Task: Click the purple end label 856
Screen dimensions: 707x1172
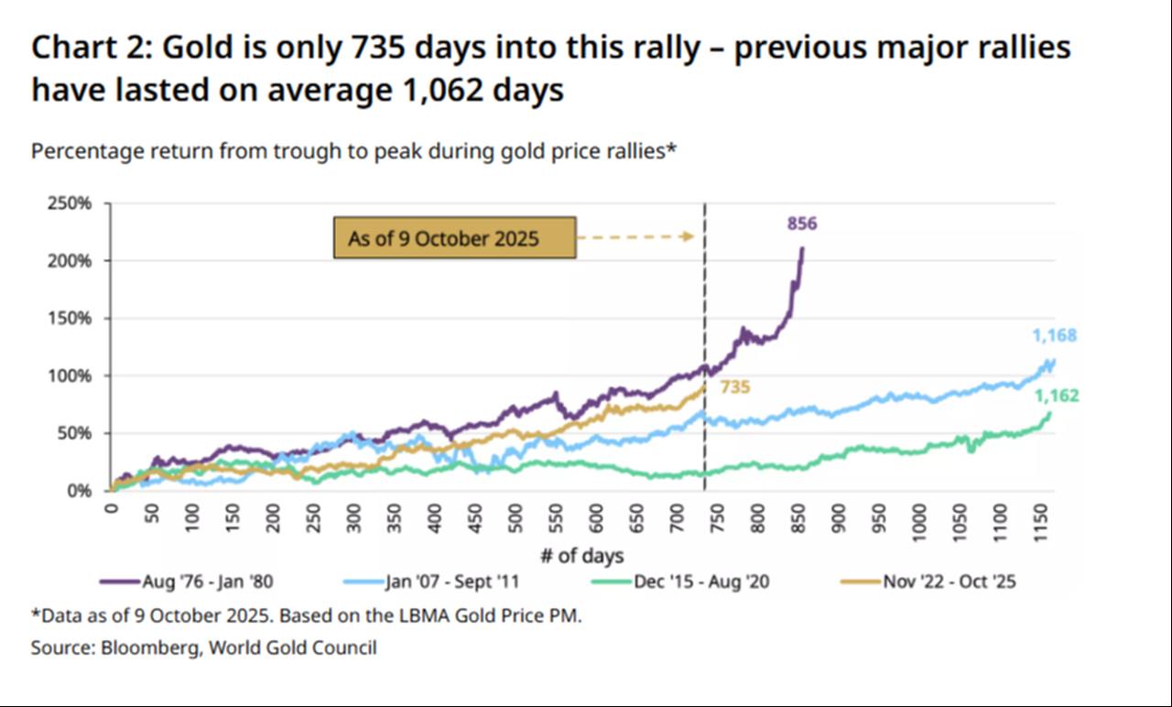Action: tap(801, 223)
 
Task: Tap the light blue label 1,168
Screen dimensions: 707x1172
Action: tap(1055, 336)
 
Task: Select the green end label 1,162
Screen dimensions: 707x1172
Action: tap(1057, 397)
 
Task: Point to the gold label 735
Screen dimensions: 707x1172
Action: tap(735, 387)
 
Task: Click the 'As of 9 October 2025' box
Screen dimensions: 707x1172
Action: tap(454, 238)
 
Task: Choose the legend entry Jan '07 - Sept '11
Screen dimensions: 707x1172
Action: tap(445, 582)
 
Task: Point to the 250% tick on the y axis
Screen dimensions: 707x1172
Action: tap(70, 203)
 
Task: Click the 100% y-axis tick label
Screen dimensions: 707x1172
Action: tap(70, 375)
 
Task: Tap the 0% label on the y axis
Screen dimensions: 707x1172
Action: tap(79, 491)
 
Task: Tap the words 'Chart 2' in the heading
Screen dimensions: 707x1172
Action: tap(84, 48)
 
